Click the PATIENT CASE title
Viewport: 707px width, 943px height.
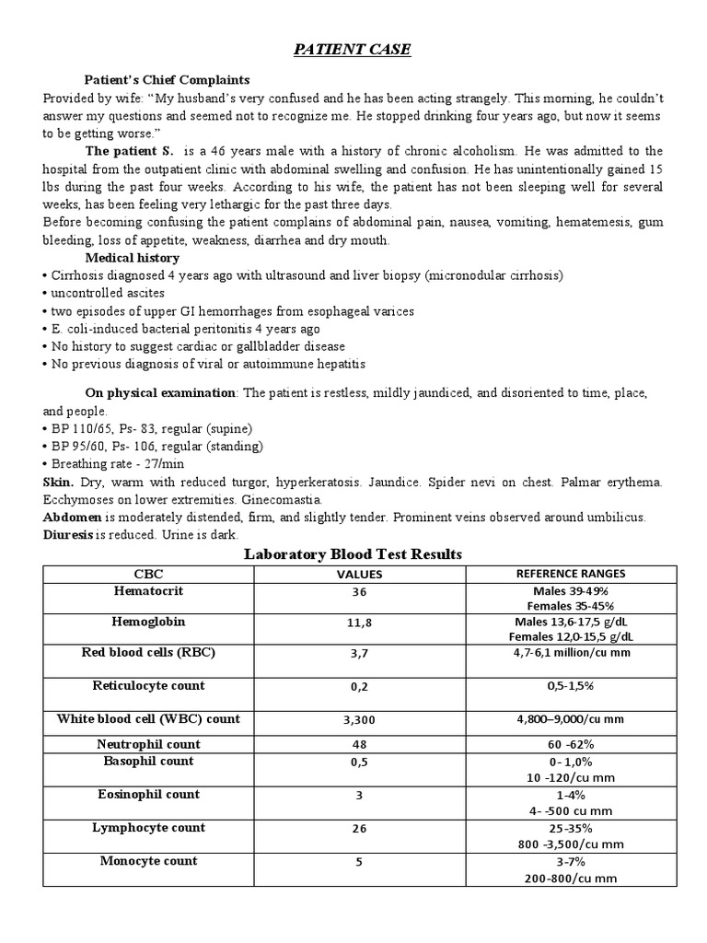(353, 50)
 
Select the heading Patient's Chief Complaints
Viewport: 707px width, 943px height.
(167, 79)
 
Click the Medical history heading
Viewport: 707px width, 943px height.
(133, 258)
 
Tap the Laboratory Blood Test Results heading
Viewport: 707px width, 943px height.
(353, 553)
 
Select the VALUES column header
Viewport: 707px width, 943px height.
(359, 574)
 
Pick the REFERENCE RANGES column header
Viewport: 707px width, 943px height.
(572, 574)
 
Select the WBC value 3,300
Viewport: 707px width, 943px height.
(359, 720)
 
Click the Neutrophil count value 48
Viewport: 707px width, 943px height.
(359, 745)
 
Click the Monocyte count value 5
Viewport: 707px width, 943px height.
(359, 863)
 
